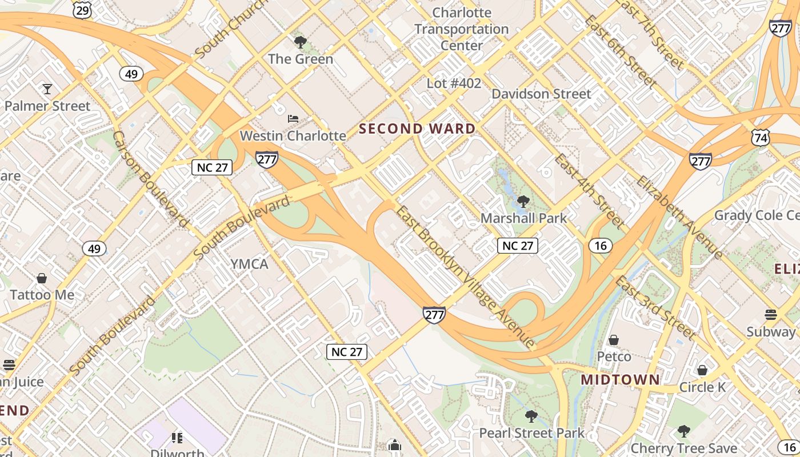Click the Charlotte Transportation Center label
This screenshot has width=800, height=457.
462,29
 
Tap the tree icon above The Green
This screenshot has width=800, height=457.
300,42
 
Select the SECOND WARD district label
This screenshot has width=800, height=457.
417,129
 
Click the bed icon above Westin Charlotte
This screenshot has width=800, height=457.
293,119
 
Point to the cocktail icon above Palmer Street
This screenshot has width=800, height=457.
47,89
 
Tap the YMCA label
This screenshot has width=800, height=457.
249,264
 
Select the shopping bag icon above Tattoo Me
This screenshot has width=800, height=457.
41,279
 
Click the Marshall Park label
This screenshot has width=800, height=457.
523,218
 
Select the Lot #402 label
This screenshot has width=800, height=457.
454,83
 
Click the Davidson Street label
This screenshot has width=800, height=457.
541,94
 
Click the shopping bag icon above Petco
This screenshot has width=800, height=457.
614,340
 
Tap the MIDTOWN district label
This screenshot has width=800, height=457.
620,380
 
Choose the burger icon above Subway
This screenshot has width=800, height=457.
770,315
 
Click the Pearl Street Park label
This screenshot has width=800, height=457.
531,433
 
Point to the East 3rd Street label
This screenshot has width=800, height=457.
655,307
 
